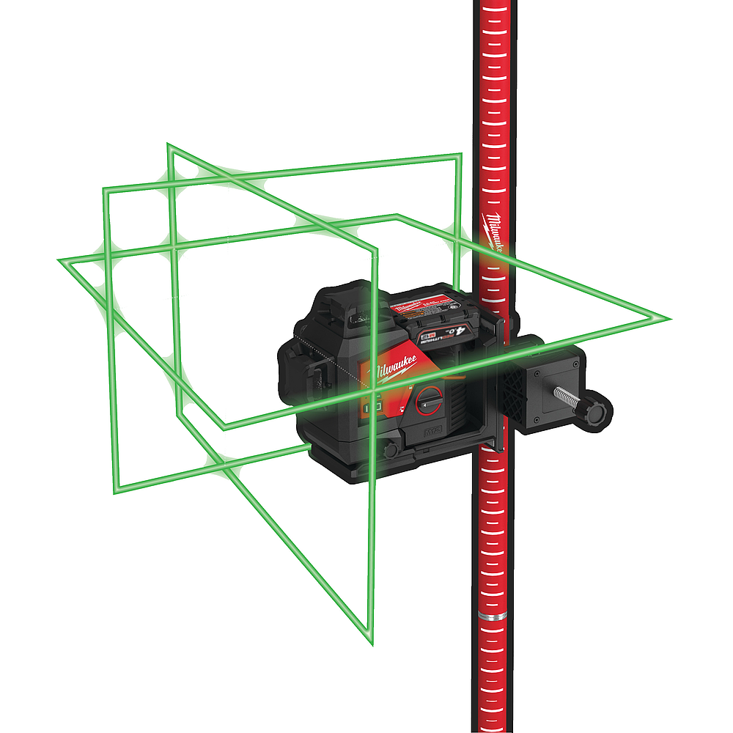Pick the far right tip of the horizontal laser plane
[668, 320]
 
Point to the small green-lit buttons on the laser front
[372, 405]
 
